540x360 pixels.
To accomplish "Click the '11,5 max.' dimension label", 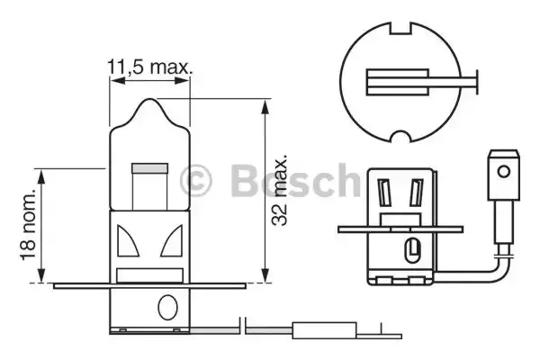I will coord(151,66).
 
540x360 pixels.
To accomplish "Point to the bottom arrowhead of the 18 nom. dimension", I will coord(42,278).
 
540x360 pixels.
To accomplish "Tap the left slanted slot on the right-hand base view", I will coord(384,193).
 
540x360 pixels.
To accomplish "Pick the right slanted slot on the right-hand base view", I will coord(417,193).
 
